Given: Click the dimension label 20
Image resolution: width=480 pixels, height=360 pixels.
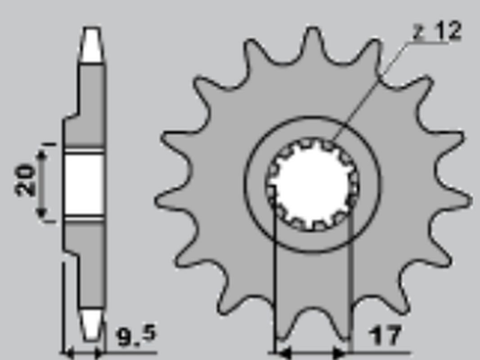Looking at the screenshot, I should (25, 180).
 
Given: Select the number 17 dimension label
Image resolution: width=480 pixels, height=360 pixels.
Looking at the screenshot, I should (385, 335).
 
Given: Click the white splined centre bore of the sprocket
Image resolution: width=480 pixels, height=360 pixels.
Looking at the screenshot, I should (312, 184).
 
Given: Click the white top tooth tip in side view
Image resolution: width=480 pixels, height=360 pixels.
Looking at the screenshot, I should (92, 45).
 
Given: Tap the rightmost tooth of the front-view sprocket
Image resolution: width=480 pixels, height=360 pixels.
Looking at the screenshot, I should (464, 200).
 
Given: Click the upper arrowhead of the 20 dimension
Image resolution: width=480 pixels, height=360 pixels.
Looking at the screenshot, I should (41, 155).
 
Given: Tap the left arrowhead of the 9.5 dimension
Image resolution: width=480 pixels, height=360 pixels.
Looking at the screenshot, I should (70, 354).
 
